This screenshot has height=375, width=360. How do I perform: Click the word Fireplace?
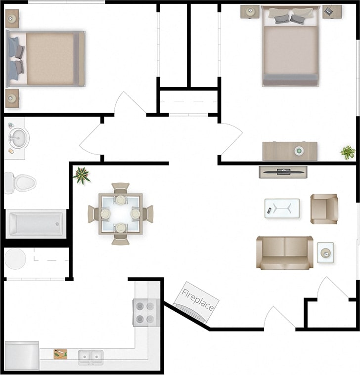click(x=198, y=299)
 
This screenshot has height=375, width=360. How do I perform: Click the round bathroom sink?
click(x=19, y=138)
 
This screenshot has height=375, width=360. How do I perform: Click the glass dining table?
click(x=121, y=213)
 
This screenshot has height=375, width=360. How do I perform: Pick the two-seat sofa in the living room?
click(x=284, y=252)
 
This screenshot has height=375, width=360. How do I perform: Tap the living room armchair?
click(x=324, y=208)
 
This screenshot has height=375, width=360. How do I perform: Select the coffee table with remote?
click(x=282, y=208)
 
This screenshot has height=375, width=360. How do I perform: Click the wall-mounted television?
click(x=283, y=171)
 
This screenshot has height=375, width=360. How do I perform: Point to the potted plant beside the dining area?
click(x=81, y=174)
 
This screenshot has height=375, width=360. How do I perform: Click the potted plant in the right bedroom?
click(x=348, y=152)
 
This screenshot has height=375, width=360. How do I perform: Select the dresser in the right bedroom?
click(x=289, y=151)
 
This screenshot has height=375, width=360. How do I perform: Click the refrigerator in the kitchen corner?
click(x=21, y=355)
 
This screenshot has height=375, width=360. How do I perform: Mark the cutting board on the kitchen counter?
click(x=60, y=354)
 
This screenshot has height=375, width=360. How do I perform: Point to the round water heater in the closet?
click(x=15, y=259)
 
